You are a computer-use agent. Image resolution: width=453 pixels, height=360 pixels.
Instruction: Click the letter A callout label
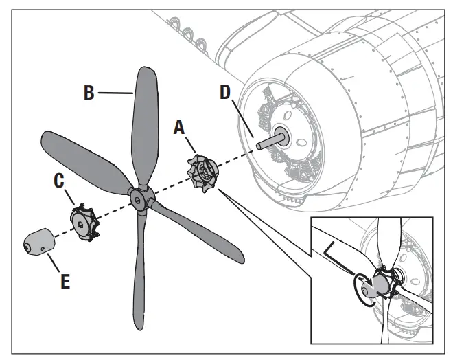[179, 127]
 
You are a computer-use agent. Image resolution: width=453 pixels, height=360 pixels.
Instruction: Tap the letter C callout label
[60, 181]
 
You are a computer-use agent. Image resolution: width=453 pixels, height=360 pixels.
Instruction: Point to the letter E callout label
[65, 282]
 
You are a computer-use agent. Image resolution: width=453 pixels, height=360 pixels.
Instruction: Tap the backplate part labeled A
[202, 171]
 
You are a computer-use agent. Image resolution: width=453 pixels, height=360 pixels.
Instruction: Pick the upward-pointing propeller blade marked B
[146, 124]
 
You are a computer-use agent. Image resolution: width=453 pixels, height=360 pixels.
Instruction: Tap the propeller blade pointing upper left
[82, 155]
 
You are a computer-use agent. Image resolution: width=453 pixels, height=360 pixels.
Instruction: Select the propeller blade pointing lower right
[199, 234]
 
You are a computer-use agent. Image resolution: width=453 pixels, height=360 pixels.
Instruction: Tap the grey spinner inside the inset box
[373, 284]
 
